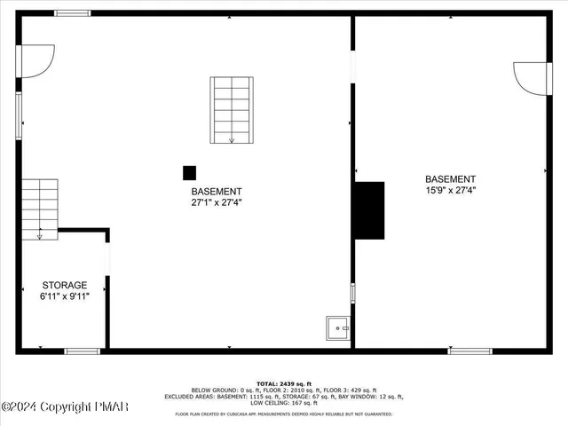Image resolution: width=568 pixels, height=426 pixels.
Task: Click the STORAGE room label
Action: [64, 285]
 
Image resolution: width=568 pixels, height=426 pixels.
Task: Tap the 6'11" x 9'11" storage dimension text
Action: [64, 296]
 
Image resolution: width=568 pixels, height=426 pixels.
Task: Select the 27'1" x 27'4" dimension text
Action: [216, 202]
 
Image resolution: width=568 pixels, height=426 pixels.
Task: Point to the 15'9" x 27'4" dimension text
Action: [450, 189]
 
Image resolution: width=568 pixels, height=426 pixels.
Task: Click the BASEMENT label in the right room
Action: [450, 178]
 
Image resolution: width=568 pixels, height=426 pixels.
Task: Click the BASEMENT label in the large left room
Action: [216, 191]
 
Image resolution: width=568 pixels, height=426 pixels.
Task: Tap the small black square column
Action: [189, 172]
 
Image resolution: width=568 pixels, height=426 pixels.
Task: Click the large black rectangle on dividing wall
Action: [370, 210]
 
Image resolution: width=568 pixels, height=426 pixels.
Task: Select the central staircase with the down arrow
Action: [232, 110]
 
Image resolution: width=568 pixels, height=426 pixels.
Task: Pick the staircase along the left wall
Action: [40, 209]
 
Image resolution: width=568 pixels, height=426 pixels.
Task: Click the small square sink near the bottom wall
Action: [338, 328]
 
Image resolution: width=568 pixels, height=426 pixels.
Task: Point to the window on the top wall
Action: [72, 13]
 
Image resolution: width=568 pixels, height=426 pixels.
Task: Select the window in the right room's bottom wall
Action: [469, 351]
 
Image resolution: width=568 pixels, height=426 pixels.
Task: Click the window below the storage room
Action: [83, 351]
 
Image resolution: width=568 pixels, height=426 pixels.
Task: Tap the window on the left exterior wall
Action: [19, 115]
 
